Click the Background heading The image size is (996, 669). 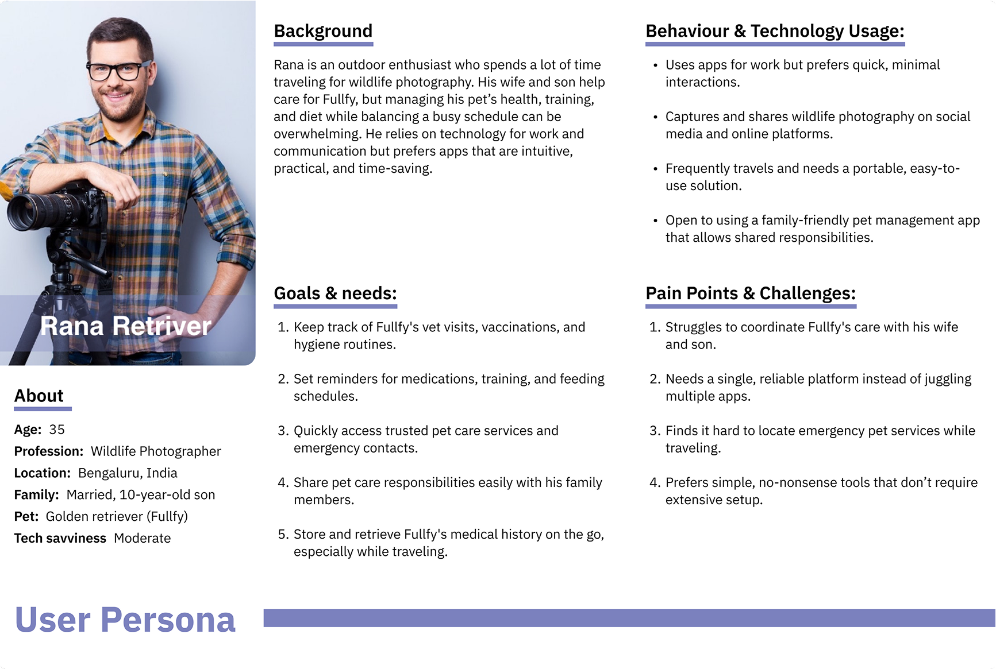click(323, 31)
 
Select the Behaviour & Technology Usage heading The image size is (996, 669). click(775, 31)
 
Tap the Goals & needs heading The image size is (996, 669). click(335, 293)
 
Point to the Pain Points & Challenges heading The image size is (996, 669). click(751, 293)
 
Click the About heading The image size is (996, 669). click(39, 396)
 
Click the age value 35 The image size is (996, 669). click(57, 430)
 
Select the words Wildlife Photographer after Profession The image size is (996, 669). click(156, 451)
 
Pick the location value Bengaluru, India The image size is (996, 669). click(128, 473)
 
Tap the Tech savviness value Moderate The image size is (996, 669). click(142, 538)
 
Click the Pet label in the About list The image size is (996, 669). click(26, 516)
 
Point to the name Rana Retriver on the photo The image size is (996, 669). click(126, 326)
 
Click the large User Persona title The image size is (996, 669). click(125, 620)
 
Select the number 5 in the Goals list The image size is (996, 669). click(282, 535)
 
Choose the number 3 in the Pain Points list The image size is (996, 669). click(654, 431)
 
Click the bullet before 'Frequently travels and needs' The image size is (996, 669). click(655, 169)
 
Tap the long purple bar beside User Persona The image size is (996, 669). click(629, 618)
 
